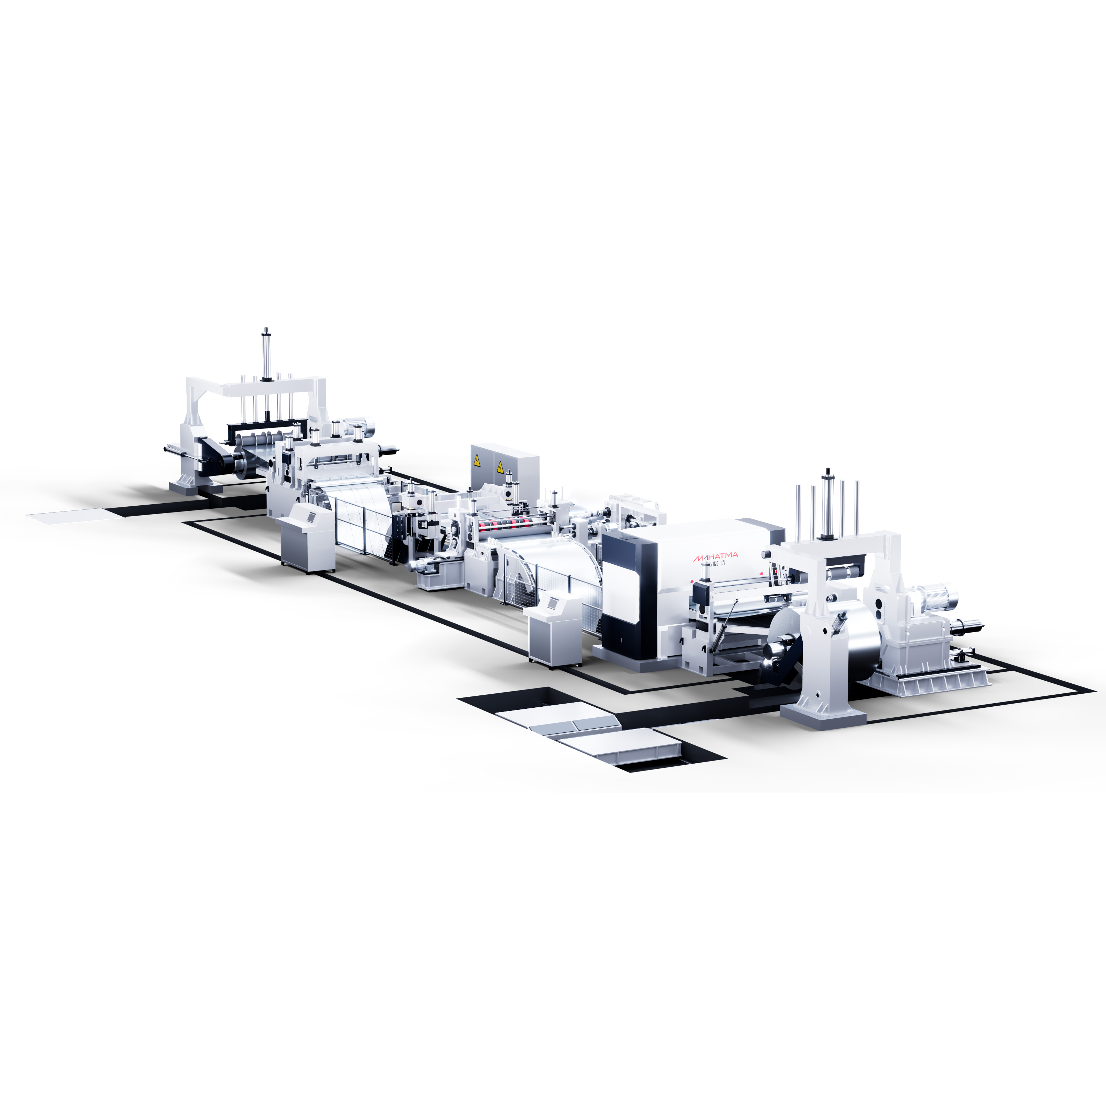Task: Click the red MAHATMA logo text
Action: point(716,556)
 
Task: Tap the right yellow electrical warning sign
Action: point(500,467)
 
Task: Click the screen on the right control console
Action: point(553,602)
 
